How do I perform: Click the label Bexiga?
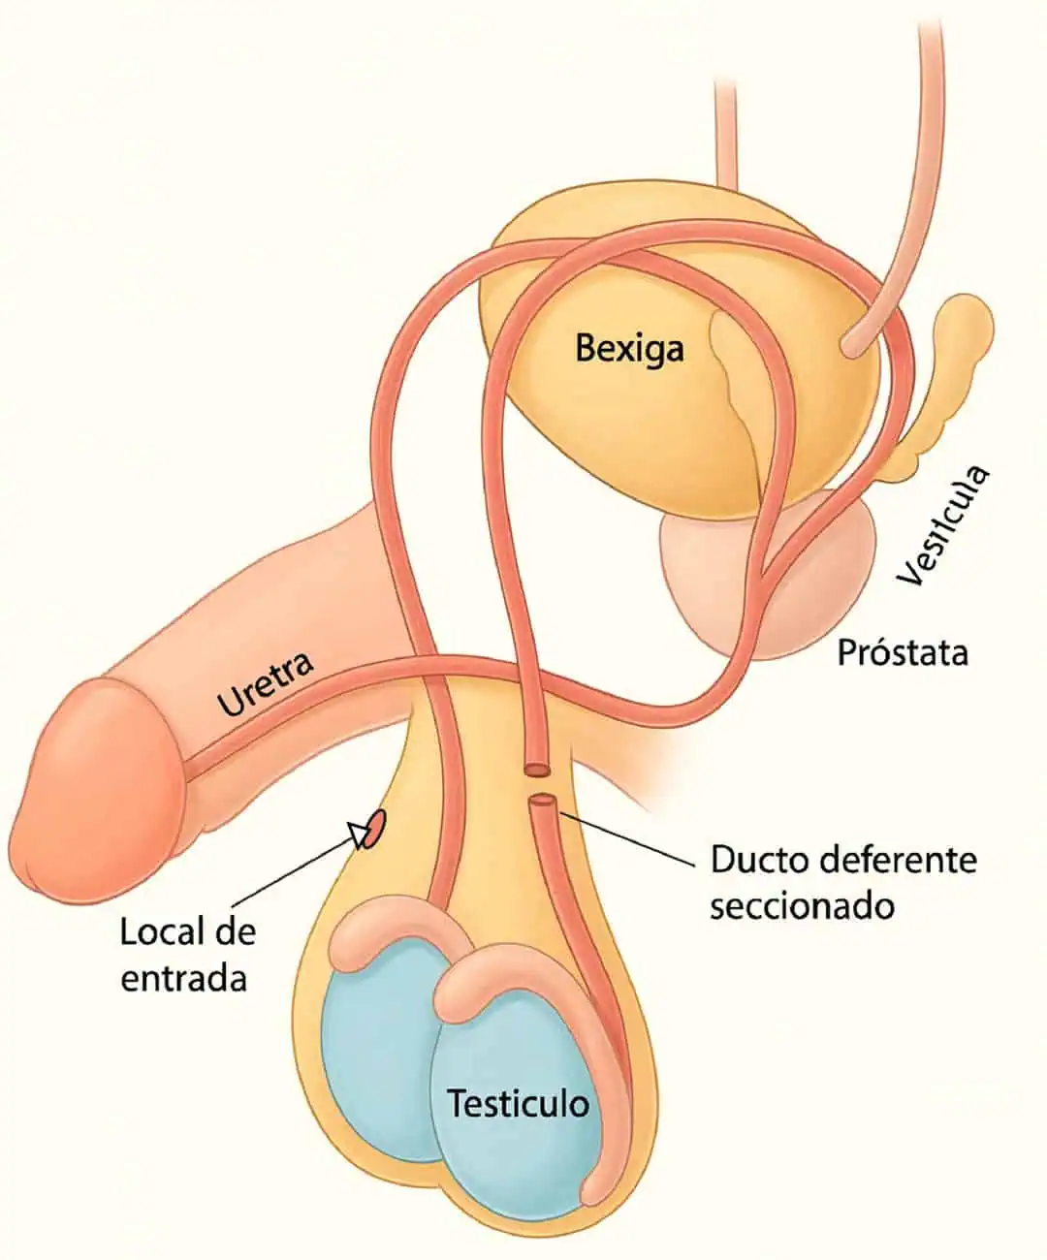(x=629, y=348)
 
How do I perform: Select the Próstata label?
(x=902, y=652)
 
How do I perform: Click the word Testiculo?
(x=518, y=1103)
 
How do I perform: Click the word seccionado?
(x=801, y=906)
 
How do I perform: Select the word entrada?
(x=183, y=978)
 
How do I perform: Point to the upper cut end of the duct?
(x=536, y=770)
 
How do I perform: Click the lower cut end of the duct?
(x=543, y=802)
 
